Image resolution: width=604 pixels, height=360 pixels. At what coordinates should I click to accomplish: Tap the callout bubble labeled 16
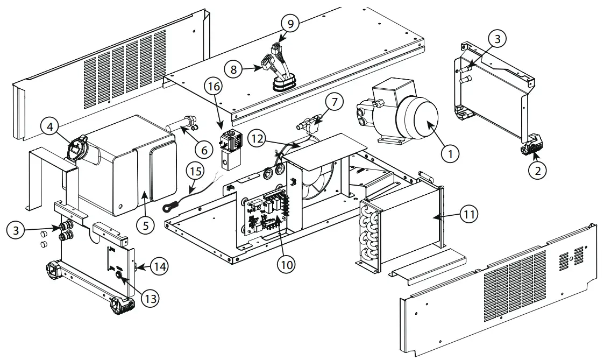tap(215, 86)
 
